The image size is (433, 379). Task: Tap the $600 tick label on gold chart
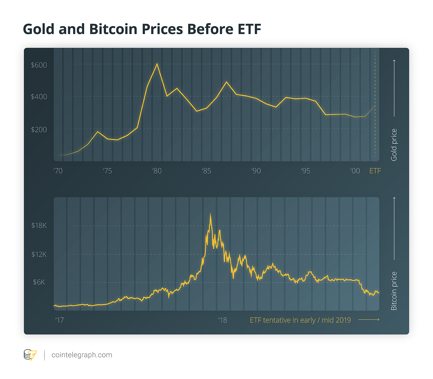coord(39,65)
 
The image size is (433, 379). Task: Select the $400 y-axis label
coord(39,97)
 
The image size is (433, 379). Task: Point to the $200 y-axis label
coord(39,130)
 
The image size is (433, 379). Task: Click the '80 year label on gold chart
coord(157,171)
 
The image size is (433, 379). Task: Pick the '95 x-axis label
coord(305,171)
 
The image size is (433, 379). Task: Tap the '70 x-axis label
coord(58,171)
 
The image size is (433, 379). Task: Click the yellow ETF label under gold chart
coord(375,171)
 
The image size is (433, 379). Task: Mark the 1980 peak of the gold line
coord(157,64)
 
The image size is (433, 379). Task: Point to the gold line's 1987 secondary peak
coord(226,82)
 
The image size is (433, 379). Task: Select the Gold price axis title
coord(394,145)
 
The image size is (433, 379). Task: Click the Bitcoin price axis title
coord(394,291)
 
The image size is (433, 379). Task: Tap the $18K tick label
coord(39,225)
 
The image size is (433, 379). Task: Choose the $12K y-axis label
coord(39,254)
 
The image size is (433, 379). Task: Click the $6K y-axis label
coord(39,282)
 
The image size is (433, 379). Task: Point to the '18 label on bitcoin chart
coord(222,320)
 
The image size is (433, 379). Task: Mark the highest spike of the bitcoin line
coord(210,214)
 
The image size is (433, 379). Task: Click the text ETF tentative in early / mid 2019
coord(300,320)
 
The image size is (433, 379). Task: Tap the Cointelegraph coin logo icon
coord(30,355)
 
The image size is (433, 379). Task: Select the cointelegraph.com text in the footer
coord(82,355)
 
